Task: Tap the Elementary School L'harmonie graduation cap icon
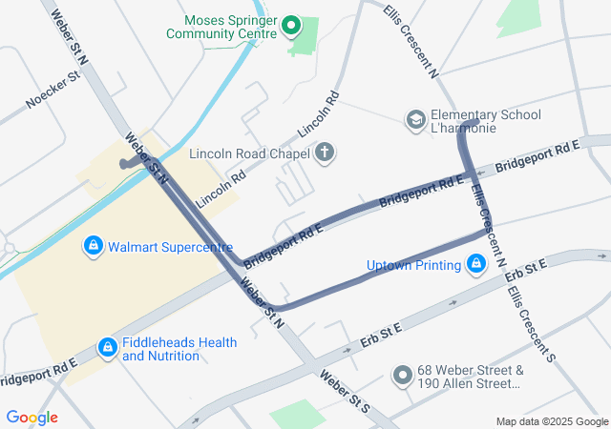[416, 120]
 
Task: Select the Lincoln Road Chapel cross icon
[326, 153]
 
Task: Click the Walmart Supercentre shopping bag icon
[93, 247]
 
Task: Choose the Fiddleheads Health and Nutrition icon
[108, 349]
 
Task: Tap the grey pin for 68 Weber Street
[402, 377]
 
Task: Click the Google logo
[32, 418]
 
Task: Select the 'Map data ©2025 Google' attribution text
[551, 422]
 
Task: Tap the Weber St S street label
[344, 392]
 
